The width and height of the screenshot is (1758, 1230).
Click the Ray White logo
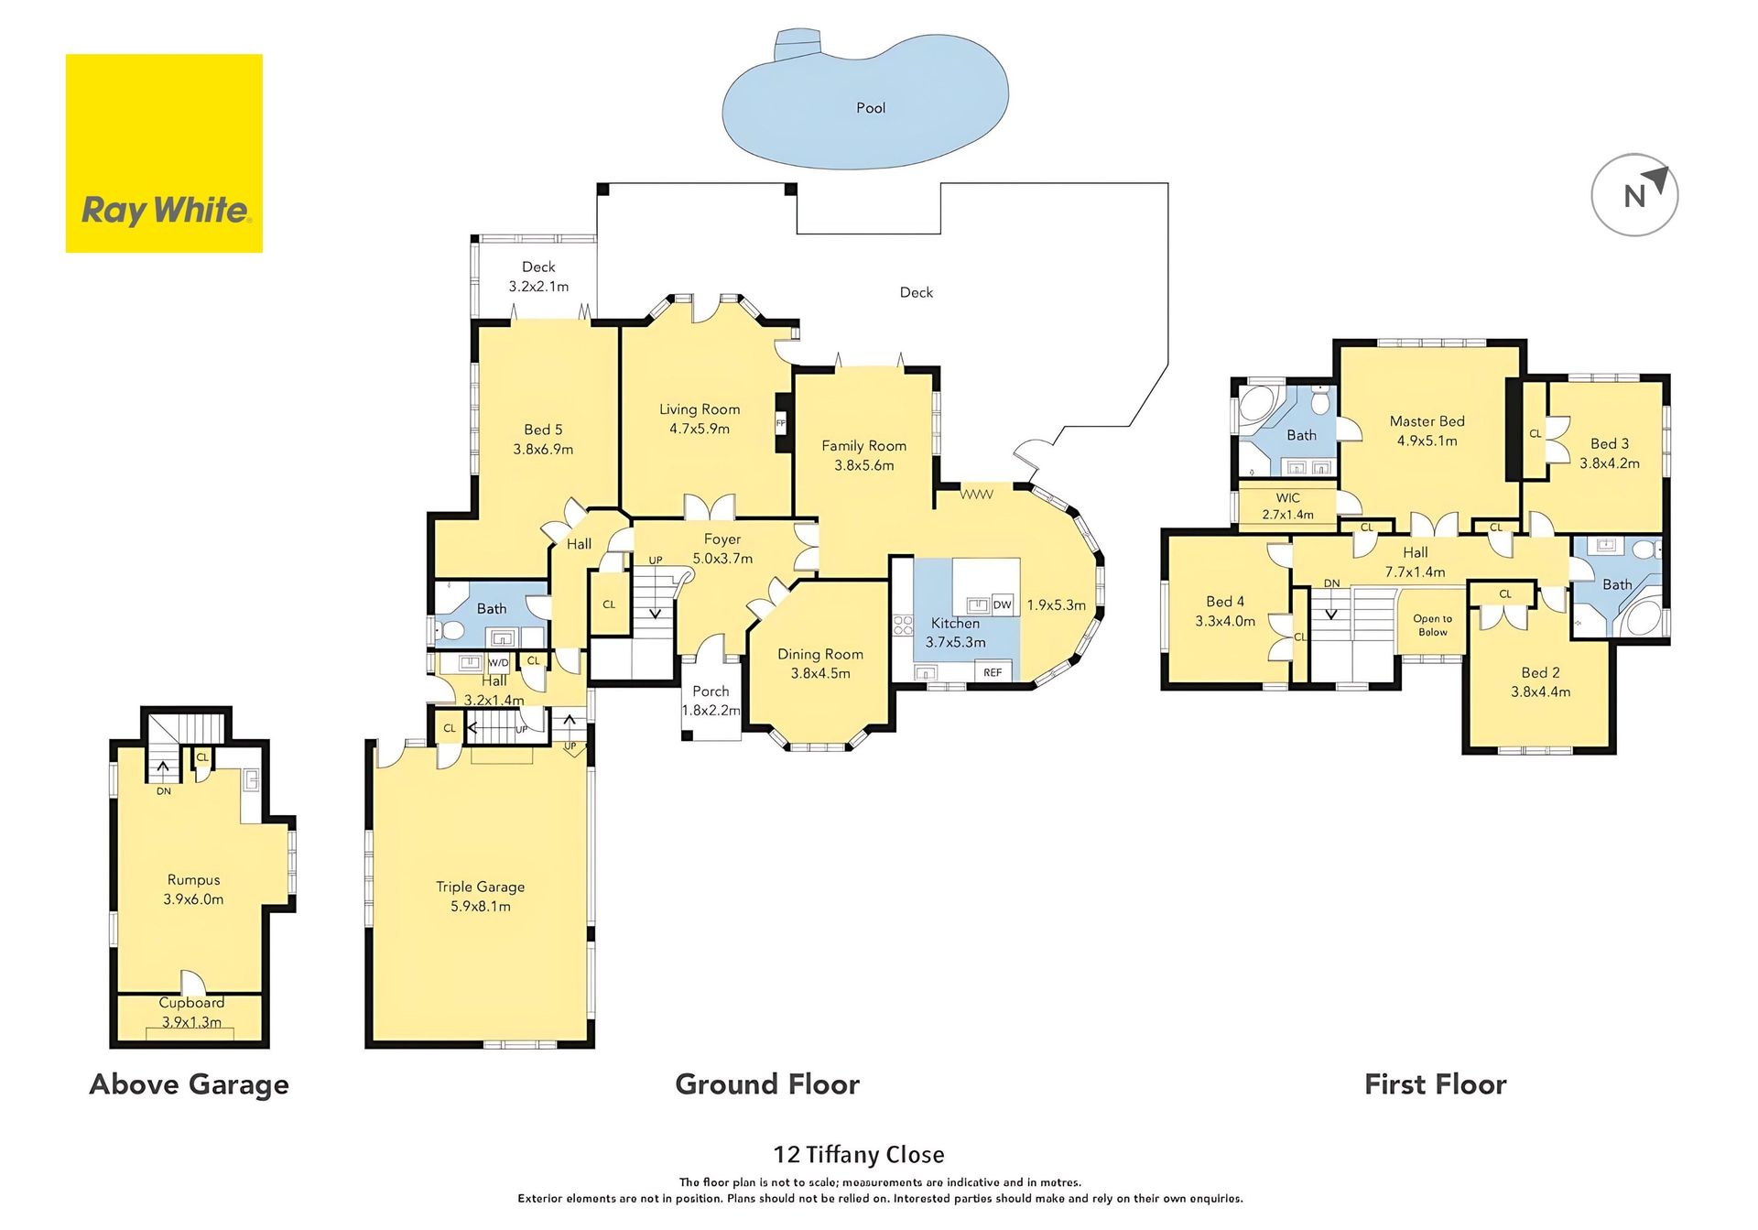(x=164, y=153)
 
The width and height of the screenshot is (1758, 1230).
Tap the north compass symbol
(x=1634, y=195)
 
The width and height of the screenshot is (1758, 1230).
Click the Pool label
(x=871, y=108)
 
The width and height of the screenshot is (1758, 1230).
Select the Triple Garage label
(x=480, y=887)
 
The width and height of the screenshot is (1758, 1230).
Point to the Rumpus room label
(x=193, y=880)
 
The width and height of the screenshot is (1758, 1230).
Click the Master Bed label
(x=1427, y=421)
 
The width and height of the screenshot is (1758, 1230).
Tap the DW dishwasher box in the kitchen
(x=1003, y=604)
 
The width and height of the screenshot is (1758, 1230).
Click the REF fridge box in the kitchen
(x=993, y=672)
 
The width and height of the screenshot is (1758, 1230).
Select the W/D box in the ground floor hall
(x=498, y=662)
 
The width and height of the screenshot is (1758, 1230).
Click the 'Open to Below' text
(x=1433, y=626)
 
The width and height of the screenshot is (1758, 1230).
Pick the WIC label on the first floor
(x=1287, y=498)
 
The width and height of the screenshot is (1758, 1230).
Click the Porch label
(x=711, y=691)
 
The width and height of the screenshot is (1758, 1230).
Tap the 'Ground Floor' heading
(x=767, y=1084)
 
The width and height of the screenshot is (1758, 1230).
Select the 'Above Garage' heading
(x=190, y=1084)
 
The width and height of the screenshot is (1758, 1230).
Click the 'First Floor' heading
(x=1436, y=1084)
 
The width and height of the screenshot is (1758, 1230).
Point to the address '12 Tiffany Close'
(x=859, y=1154)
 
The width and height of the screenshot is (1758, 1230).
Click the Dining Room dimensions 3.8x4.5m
(x=820, y=673)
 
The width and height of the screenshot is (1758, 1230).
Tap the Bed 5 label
(x=543, y=430)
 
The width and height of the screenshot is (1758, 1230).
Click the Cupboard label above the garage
(x=191, y=1003)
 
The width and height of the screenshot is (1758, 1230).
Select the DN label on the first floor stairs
(x=1331, y=583)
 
